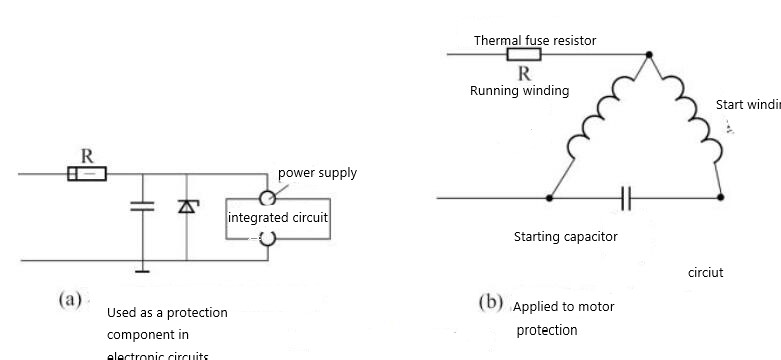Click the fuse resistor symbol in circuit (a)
[87, 174]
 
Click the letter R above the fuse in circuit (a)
[87, 156]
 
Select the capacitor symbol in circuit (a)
[143, 207]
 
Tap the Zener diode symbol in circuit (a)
[186, 206]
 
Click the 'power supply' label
[316, 173]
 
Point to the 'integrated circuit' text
[277, 217]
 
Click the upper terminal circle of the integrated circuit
[267, 198]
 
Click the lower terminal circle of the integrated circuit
[267, 238]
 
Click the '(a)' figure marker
[71, 300]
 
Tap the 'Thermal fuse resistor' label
[534, 41]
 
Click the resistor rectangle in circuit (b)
[524, 54]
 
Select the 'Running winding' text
[519, 91]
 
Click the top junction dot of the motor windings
[649, 54]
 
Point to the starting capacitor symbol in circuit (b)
[626, 199]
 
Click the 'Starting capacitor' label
[565, 237]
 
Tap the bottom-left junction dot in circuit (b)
[549, 199]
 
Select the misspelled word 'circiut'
[705, 272]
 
